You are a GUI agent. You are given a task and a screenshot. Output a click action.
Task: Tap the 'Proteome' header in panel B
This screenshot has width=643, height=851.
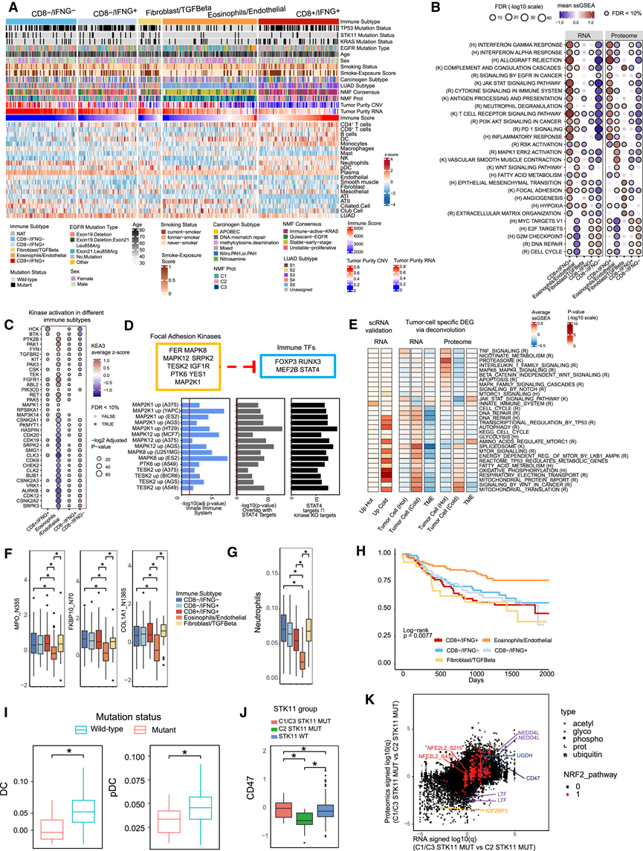click(x=622, y=35)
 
